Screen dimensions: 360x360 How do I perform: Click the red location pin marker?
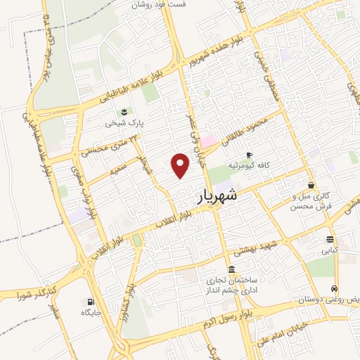pos(181,165)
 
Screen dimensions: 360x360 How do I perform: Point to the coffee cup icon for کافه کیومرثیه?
pos(248,155)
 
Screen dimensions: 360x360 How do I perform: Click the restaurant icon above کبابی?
pos(330,240)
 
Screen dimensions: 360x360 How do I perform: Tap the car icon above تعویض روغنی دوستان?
pos(335,289)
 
